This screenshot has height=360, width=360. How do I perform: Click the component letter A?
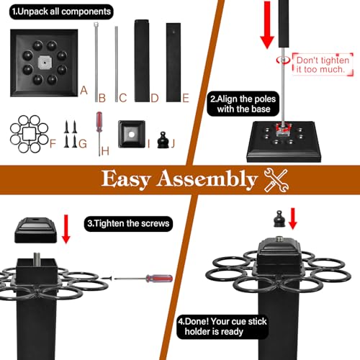[84, 91]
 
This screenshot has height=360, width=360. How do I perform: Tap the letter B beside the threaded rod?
[102, 98]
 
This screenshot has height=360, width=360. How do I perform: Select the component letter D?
[155, 98]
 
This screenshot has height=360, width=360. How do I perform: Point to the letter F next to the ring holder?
[53, 144]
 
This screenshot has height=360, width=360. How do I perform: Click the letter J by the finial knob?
[173, 143]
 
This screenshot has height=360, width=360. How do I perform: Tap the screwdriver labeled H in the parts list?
[99, 134]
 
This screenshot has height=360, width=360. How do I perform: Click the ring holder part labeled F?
[30, 134]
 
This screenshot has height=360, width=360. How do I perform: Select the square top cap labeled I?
[132, 134]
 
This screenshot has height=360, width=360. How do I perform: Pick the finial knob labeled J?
[163, 140]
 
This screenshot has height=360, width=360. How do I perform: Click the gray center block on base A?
[45, 63]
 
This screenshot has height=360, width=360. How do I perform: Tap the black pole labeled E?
[174, 63]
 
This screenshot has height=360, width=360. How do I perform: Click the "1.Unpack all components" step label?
[61, 12]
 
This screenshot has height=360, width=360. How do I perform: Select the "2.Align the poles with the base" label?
[243, 104]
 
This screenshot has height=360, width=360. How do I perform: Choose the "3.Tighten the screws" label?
[128, 224]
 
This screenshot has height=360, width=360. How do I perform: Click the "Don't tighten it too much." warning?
[323, 65]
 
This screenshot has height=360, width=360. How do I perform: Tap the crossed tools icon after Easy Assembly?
[276, 180]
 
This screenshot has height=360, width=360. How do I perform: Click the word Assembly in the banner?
[207, 179]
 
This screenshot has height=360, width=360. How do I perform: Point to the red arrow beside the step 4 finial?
[293, 219]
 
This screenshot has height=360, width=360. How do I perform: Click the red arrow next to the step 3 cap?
[66, 229]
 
